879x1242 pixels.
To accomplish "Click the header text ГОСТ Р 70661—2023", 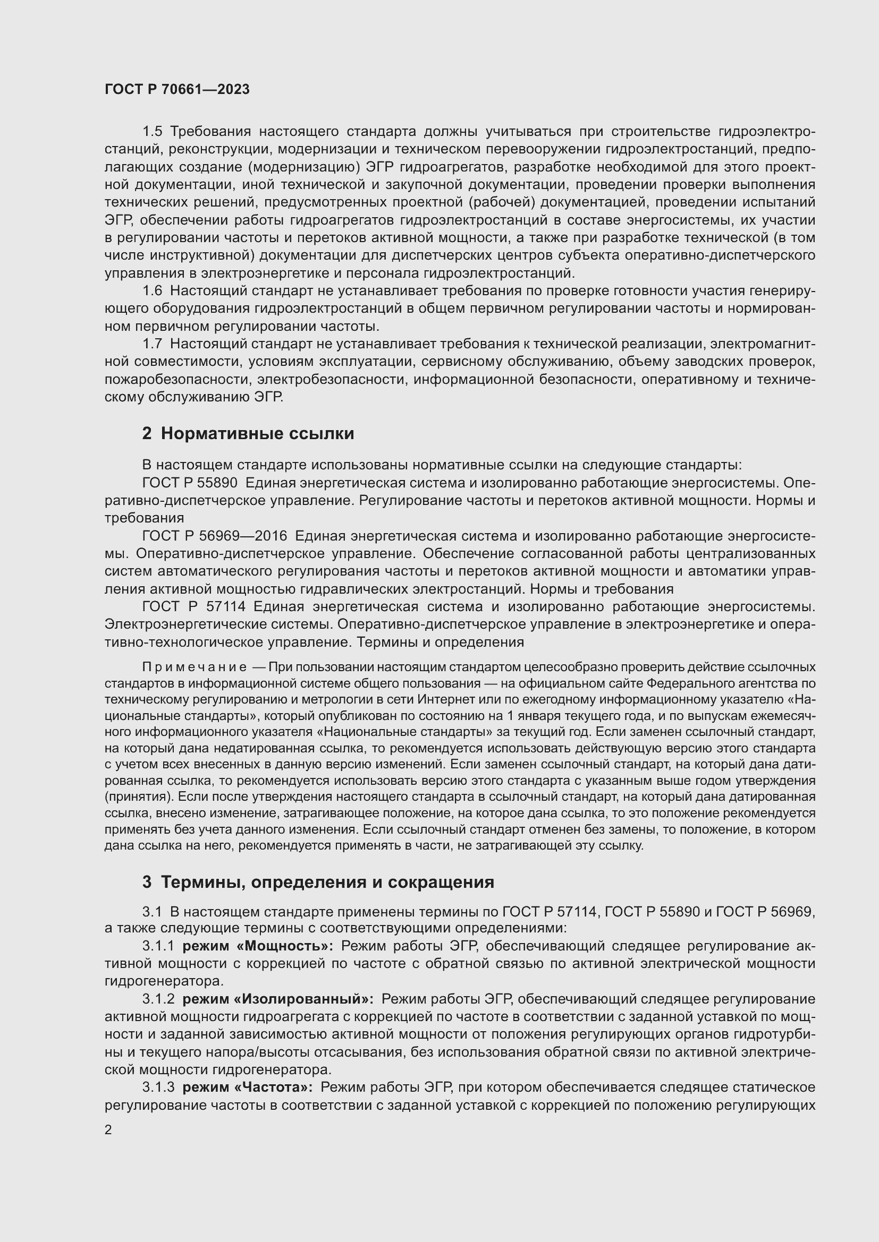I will [x=177, y=89].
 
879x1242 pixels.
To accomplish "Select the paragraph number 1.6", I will [x=152, y=290].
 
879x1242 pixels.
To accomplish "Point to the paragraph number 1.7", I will [x=152, y=344].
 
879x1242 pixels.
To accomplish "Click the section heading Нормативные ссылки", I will [x=257, y=433].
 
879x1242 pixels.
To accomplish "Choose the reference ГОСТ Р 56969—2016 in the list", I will [x=214, y=536].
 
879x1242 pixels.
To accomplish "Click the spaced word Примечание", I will [x=195, y=667].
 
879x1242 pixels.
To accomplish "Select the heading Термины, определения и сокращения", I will [x=327, y=883].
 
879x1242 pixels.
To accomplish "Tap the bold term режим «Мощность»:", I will [x=258, y=946].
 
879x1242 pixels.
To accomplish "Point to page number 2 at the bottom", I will [x=108, y=1130].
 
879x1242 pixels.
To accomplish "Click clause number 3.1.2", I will [x=158, y=999].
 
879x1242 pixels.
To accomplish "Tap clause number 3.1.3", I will [x=158, y=1087].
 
